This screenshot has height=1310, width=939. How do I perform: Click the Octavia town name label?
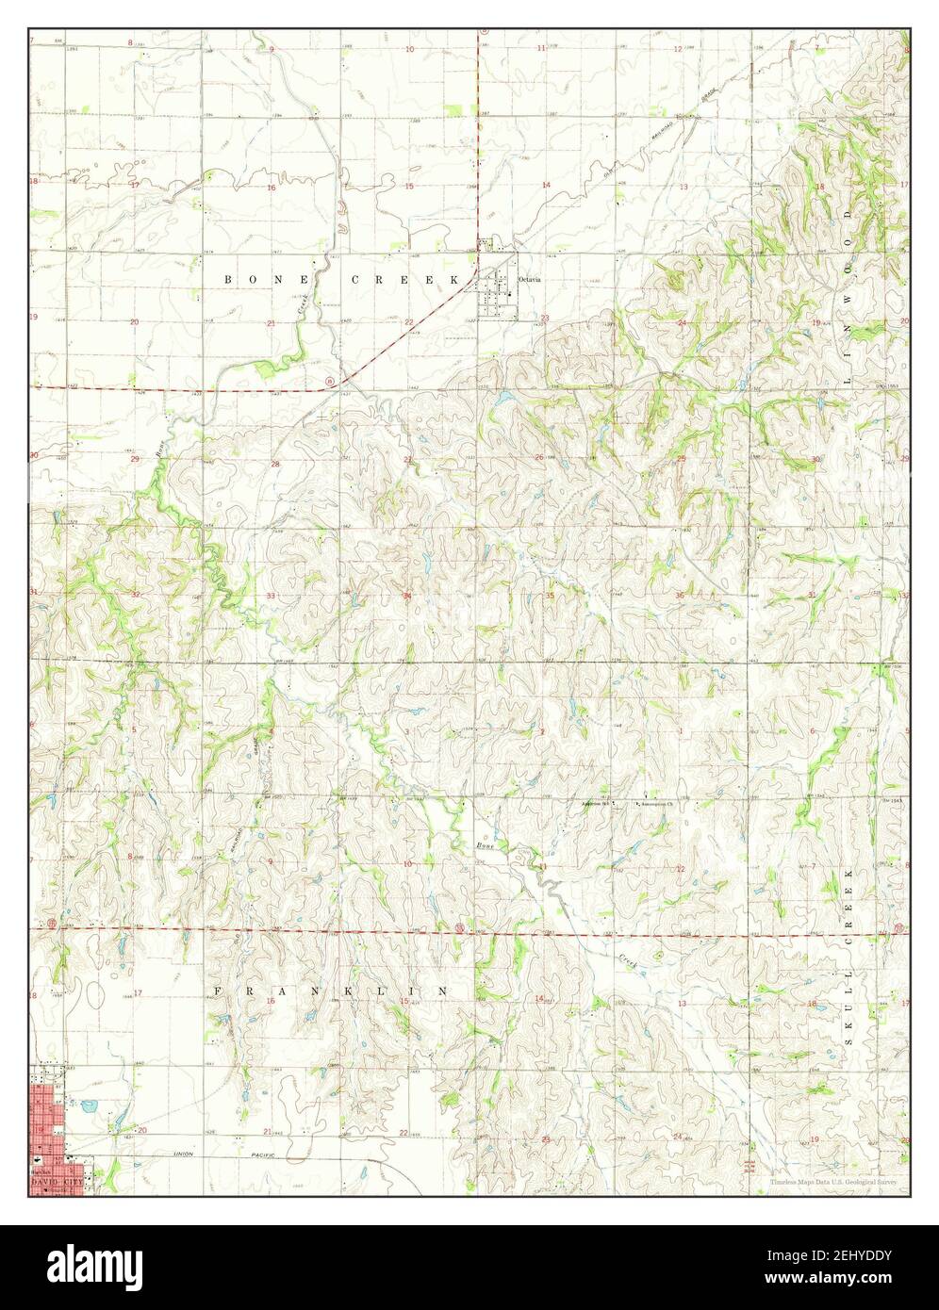[x=529, y=280]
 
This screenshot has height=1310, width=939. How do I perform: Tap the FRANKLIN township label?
[x=330, y=991]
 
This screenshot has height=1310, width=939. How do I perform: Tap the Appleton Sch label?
[x=596, y=804]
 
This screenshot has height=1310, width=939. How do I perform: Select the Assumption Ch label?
[x=657, y=805]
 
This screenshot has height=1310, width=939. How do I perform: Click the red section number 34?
[x=407, y=596]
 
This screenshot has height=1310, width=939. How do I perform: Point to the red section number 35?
[x=550, y=596]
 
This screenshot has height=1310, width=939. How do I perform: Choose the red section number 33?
[x=272, y=596]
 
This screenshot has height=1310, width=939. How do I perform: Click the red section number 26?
[x=538, y=458]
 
